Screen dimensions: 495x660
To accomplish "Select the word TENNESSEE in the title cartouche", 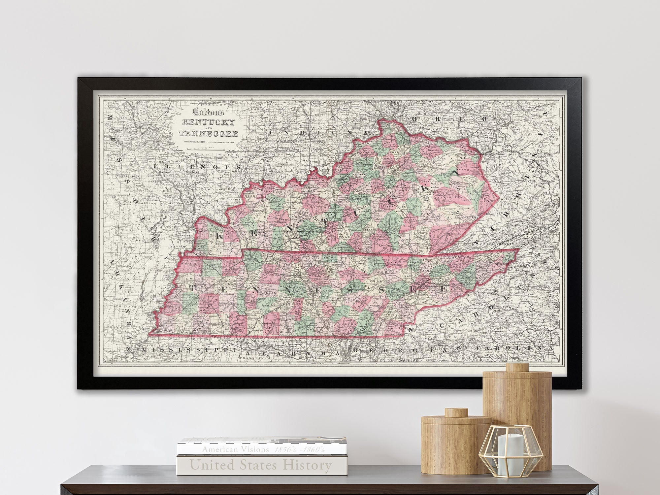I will pos(208,134).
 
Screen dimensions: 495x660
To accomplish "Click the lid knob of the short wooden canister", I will pos(456,412).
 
